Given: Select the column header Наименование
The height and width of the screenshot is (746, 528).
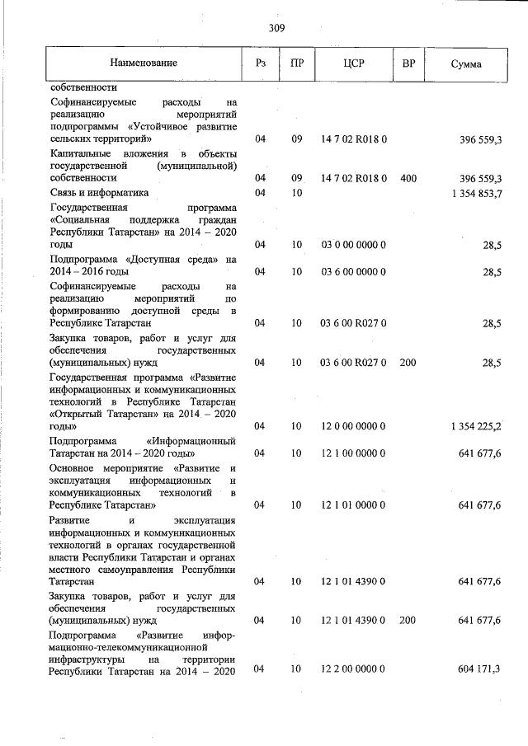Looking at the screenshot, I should point(144,63).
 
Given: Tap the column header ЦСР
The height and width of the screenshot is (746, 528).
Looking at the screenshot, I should point(354,63).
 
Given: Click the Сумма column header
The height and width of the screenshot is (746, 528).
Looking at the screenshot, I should point(466,63).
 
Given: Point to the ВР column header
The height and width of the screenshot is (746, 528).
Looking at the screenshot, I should point(408,63).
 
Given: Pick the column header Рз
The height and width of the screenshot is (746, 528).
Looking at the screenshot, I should point(259,63).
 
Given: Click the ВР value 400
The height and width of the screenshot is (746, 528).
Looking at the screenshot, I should point(408,177).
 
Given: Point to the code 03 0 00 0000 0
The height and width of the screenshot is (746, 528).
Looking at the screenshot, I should point(354,245).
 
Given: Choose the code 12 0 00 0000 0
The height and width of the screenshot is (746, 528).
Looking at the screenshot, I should point(354,425).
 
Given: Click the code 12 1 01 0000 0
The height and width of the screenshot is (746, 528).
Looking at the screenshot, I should point(354,504).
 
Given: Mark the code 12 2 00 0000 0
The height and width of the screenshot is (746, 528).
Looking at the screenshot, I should point(354,669).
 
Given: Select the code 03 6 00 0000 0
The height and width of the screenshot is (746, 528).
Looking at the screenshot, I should point(354,271).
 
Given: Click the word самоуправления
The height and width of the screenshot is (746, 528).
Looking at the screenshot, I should point(130,569).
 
